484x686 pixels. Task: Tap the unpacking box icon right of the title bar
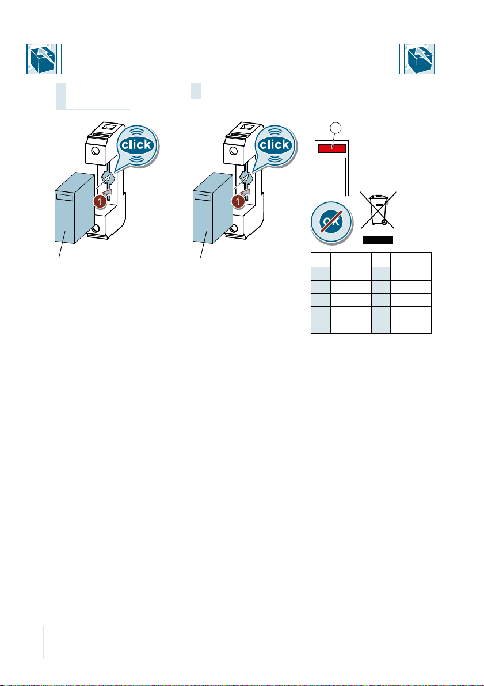420,59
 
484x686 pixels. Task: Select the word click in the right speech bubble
274,144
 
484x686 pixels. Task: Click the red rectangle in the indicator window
331,148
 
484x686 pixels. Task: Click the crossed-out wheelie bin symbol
378,210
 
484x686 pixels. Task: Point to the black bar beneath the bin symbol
378,240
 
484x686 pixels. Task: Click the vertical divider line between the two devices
169,178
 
